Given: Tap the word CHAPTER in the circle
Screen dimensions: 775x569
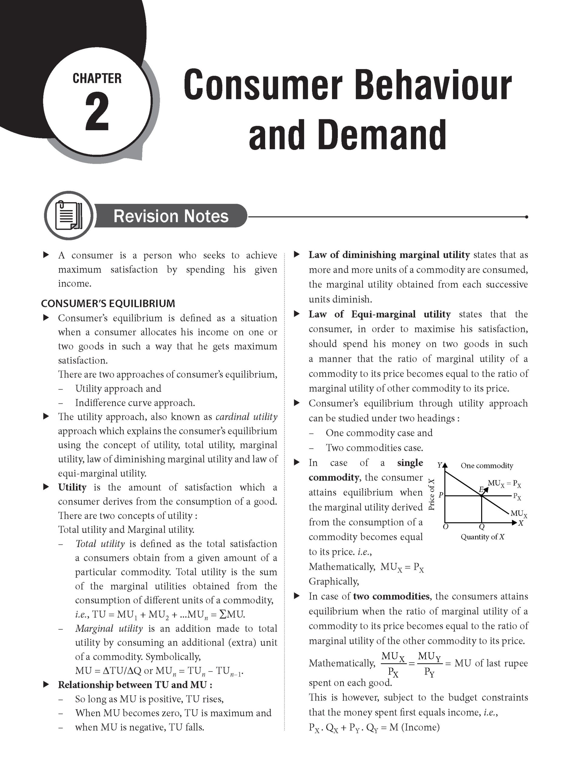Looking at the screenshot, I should pyautogui.click(x=97, y=78).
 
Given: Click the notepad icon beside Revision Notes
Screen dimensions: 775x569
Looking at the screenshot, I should pyautogui.click(x=68, y=215).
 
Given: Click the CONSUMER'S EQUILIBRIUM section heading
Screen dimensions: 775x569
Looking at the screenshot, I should pyautogui.click(x=108, y=303).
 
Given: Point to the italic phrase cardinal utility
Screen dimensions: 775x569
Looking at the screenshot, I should pyautogui.click(x=246, y=417).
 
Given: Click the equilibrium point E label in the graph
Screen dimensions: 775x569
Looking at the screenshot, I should pyautogui.click(x=481, y=490).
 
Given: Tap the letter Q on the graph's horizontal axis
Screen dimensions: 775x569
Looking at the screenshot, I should pyautogui.click(x=482, y=527).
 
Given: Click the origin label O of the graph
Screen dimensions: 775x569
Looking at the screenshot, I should pyautogui.click(x=445, y=527).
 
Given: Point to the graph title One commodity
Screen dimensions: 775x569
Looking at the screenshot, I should pyautogui.click(x=487, y=466).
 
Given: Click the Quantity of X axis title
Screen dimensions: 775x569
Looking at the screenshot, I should pyautogui.click(x=482, y=537).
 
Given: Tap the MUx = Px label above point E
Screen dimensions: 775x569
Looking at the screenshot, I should pyautogui.click(x=504, y=483).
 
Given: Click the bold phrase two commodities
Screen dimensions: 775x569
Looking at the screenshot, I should pyautogui.click(x=391, y=596).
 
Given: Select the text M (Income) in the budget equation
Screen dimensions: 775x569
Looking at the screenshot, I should pyautogui.click(x=414, y=727).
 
